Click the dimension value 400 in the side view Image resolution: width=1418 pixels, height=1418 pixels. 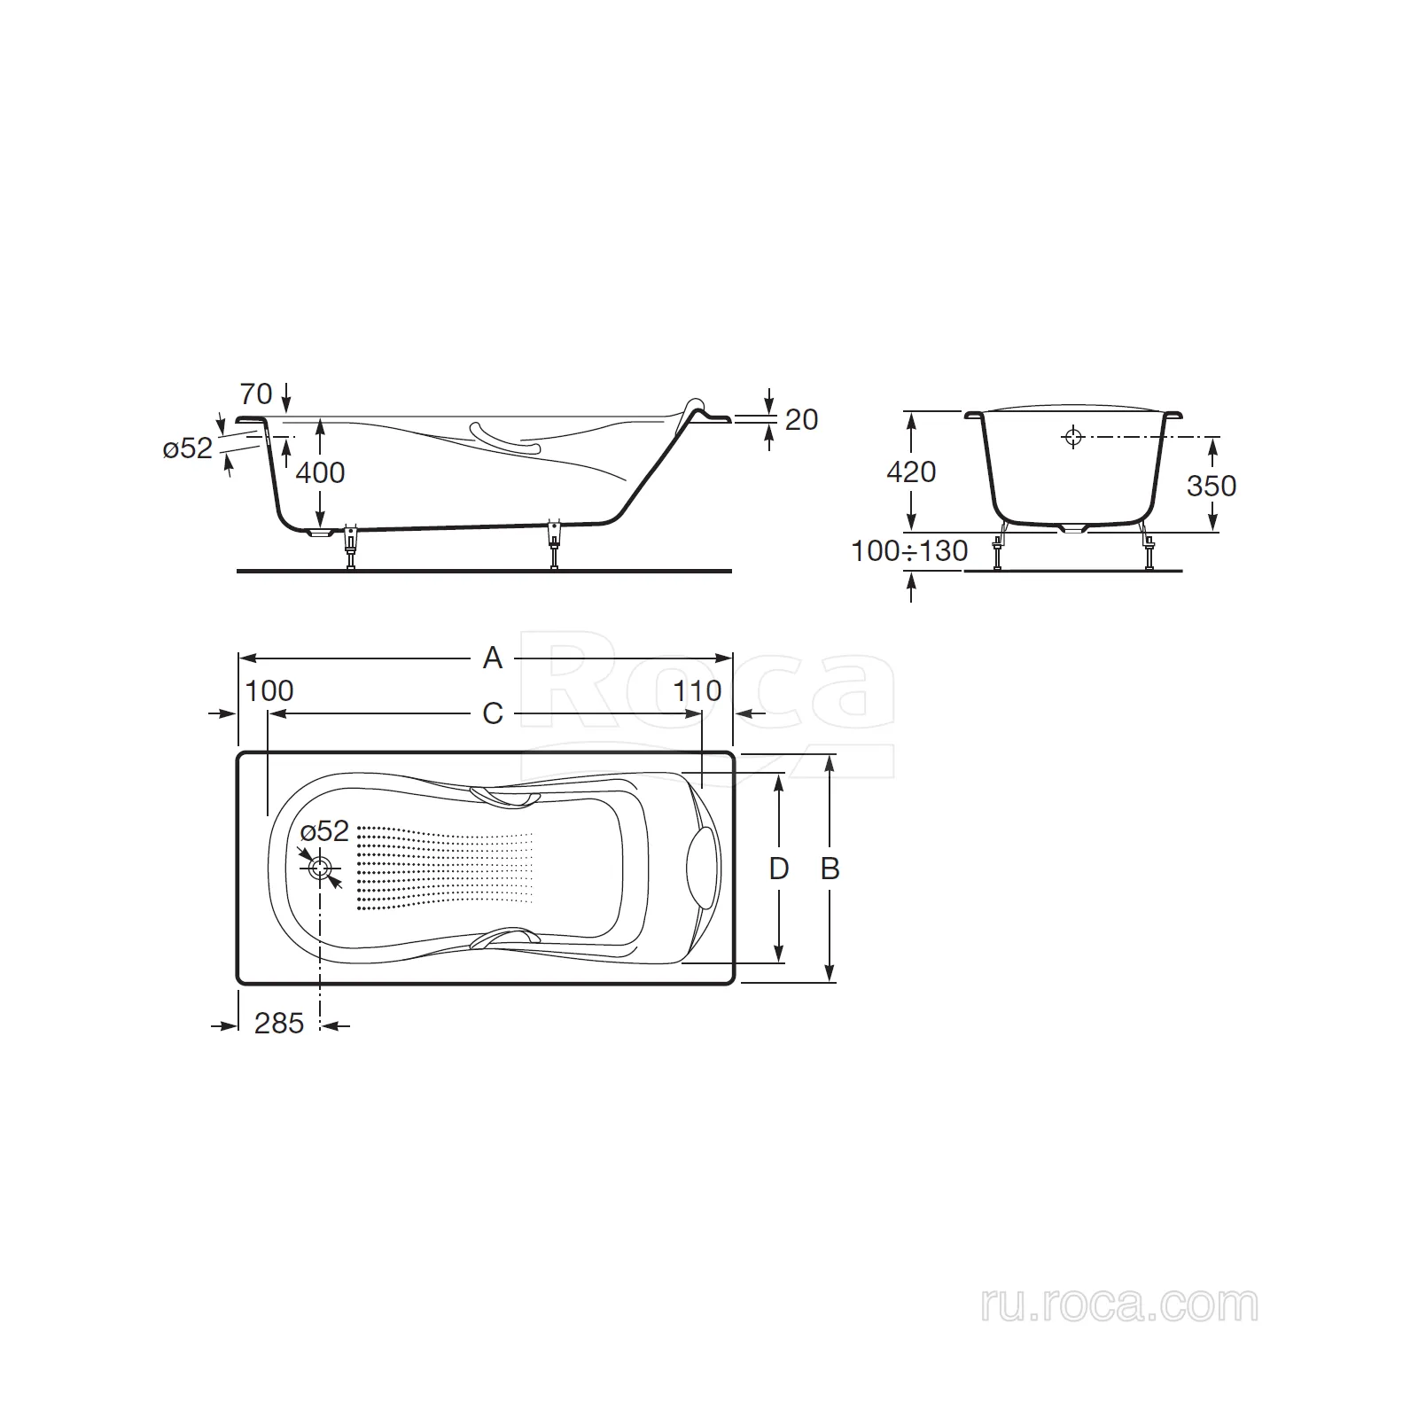tap(320, 472)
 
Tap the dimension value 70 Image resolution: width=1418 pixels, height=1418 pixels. tap(256, 393)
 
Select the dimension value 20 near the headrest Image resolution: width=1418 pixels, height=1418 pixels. tap(801, 419)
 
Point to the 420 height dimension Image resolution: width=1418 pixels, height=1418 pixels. tap(911, 471)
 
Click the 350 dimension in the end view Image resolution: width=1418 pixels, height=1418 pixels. tap(1212, 486)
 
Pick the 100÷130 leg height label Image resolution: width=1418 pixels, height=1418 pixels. tap(909, 550)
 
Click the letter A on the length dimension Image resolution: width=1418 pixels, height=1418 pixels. tap(492, 658)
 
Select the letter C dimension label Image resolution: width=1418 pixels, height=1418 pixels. tap(492, 713)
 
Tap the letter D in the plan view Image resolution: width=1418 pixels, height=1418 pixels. tap(778, 869)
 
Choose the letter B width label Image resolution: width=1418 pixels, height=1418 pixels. tap(830, 869)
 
